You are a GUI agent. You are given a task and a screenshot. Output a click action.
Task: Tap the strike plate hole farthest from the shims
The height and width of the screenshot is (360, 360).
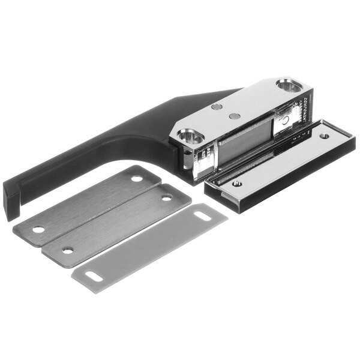[x=324, y=136]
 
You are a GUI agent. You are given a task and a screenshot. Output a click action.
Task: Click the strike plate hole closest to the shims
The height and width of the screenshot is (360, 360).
[x=237, y=184]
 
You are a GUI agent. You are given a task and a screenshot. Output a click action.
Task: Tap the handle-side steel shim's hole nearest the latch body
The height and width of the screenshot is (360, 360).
[x=137, y=178]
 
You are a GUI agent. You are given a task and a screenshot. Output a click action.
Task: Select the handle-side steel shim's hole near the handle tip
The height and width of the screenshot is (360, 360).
[x=38, y=229]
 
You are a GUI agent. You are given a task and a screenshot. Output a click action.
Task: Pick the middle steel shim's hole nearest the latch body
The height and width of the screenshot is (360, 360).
[x=167, y=197]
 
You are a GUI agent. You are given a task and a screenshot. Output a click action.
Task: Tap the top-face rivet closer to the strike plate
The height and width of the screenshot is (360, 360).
[x=235, y=115]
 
